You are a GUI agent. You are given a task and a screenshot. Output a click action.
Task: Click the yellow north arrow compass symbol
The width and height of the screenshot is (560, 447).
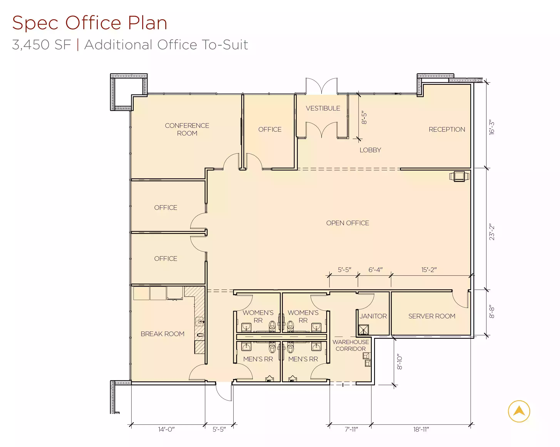519,411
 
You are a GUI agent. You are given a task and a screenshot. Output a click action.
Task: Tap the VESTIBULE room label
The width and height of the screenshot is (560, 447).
323,108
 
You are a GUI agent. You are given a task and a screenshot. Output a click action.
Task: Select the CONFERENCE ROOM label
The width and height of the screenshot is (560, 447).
187,129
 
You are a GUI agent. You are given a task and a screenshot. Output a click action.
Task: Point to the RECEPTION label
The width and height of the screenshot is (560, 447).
447,129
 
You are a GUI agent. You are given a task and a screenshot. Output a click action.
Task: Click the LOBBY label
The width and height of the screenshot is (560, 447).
370,150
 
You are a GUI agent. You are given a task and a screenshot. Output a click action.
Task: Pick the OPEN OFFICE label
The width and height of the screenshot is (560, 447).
348,223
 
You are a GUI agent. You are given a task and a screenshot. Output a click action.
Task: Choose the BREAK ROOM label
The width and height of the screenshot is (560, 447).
162,334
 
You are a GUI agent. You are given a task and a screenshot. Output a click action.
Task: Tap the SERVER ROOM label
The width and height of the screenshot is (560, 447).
432,316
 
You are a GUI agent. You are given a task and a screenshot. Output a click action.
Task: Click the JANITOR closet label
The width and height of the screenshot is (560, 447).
373,316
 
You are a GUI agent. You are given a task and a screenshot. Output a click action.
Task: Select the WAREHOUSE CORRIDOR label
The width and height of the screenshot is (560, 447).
351,345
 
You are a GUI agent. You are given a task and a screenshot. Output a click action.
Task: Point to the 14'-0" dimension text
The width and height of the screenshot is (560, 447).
166,429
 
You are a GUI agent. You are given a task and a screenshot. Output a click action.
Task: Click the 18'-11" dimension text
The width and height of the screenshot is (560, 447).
421,429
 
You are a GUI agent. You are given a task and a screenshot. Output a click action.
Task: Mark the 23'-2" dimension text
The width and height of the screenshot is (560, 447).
492,232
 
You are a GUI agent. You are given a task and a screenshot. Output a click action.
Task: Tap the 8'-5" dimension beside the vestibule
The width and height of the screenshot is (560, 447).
364,118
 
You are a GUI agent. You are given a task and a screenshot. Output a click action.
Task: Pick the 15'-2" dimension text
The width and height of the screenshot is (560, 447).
429,270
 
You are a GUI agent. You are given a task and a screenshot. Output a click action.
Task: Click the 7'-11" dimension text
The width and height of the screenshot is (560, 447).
351,429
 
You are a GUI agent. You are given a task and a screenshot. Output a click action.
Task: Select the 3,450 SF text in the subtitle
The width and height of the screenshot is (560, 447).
42,45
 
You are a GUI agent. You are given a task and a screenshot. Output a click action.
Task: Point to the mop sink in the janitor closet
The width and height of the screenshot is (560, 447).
363,330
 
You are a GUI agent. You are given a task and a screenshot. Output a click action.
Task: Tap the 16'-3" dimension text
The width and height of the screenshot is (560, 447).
492,127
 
